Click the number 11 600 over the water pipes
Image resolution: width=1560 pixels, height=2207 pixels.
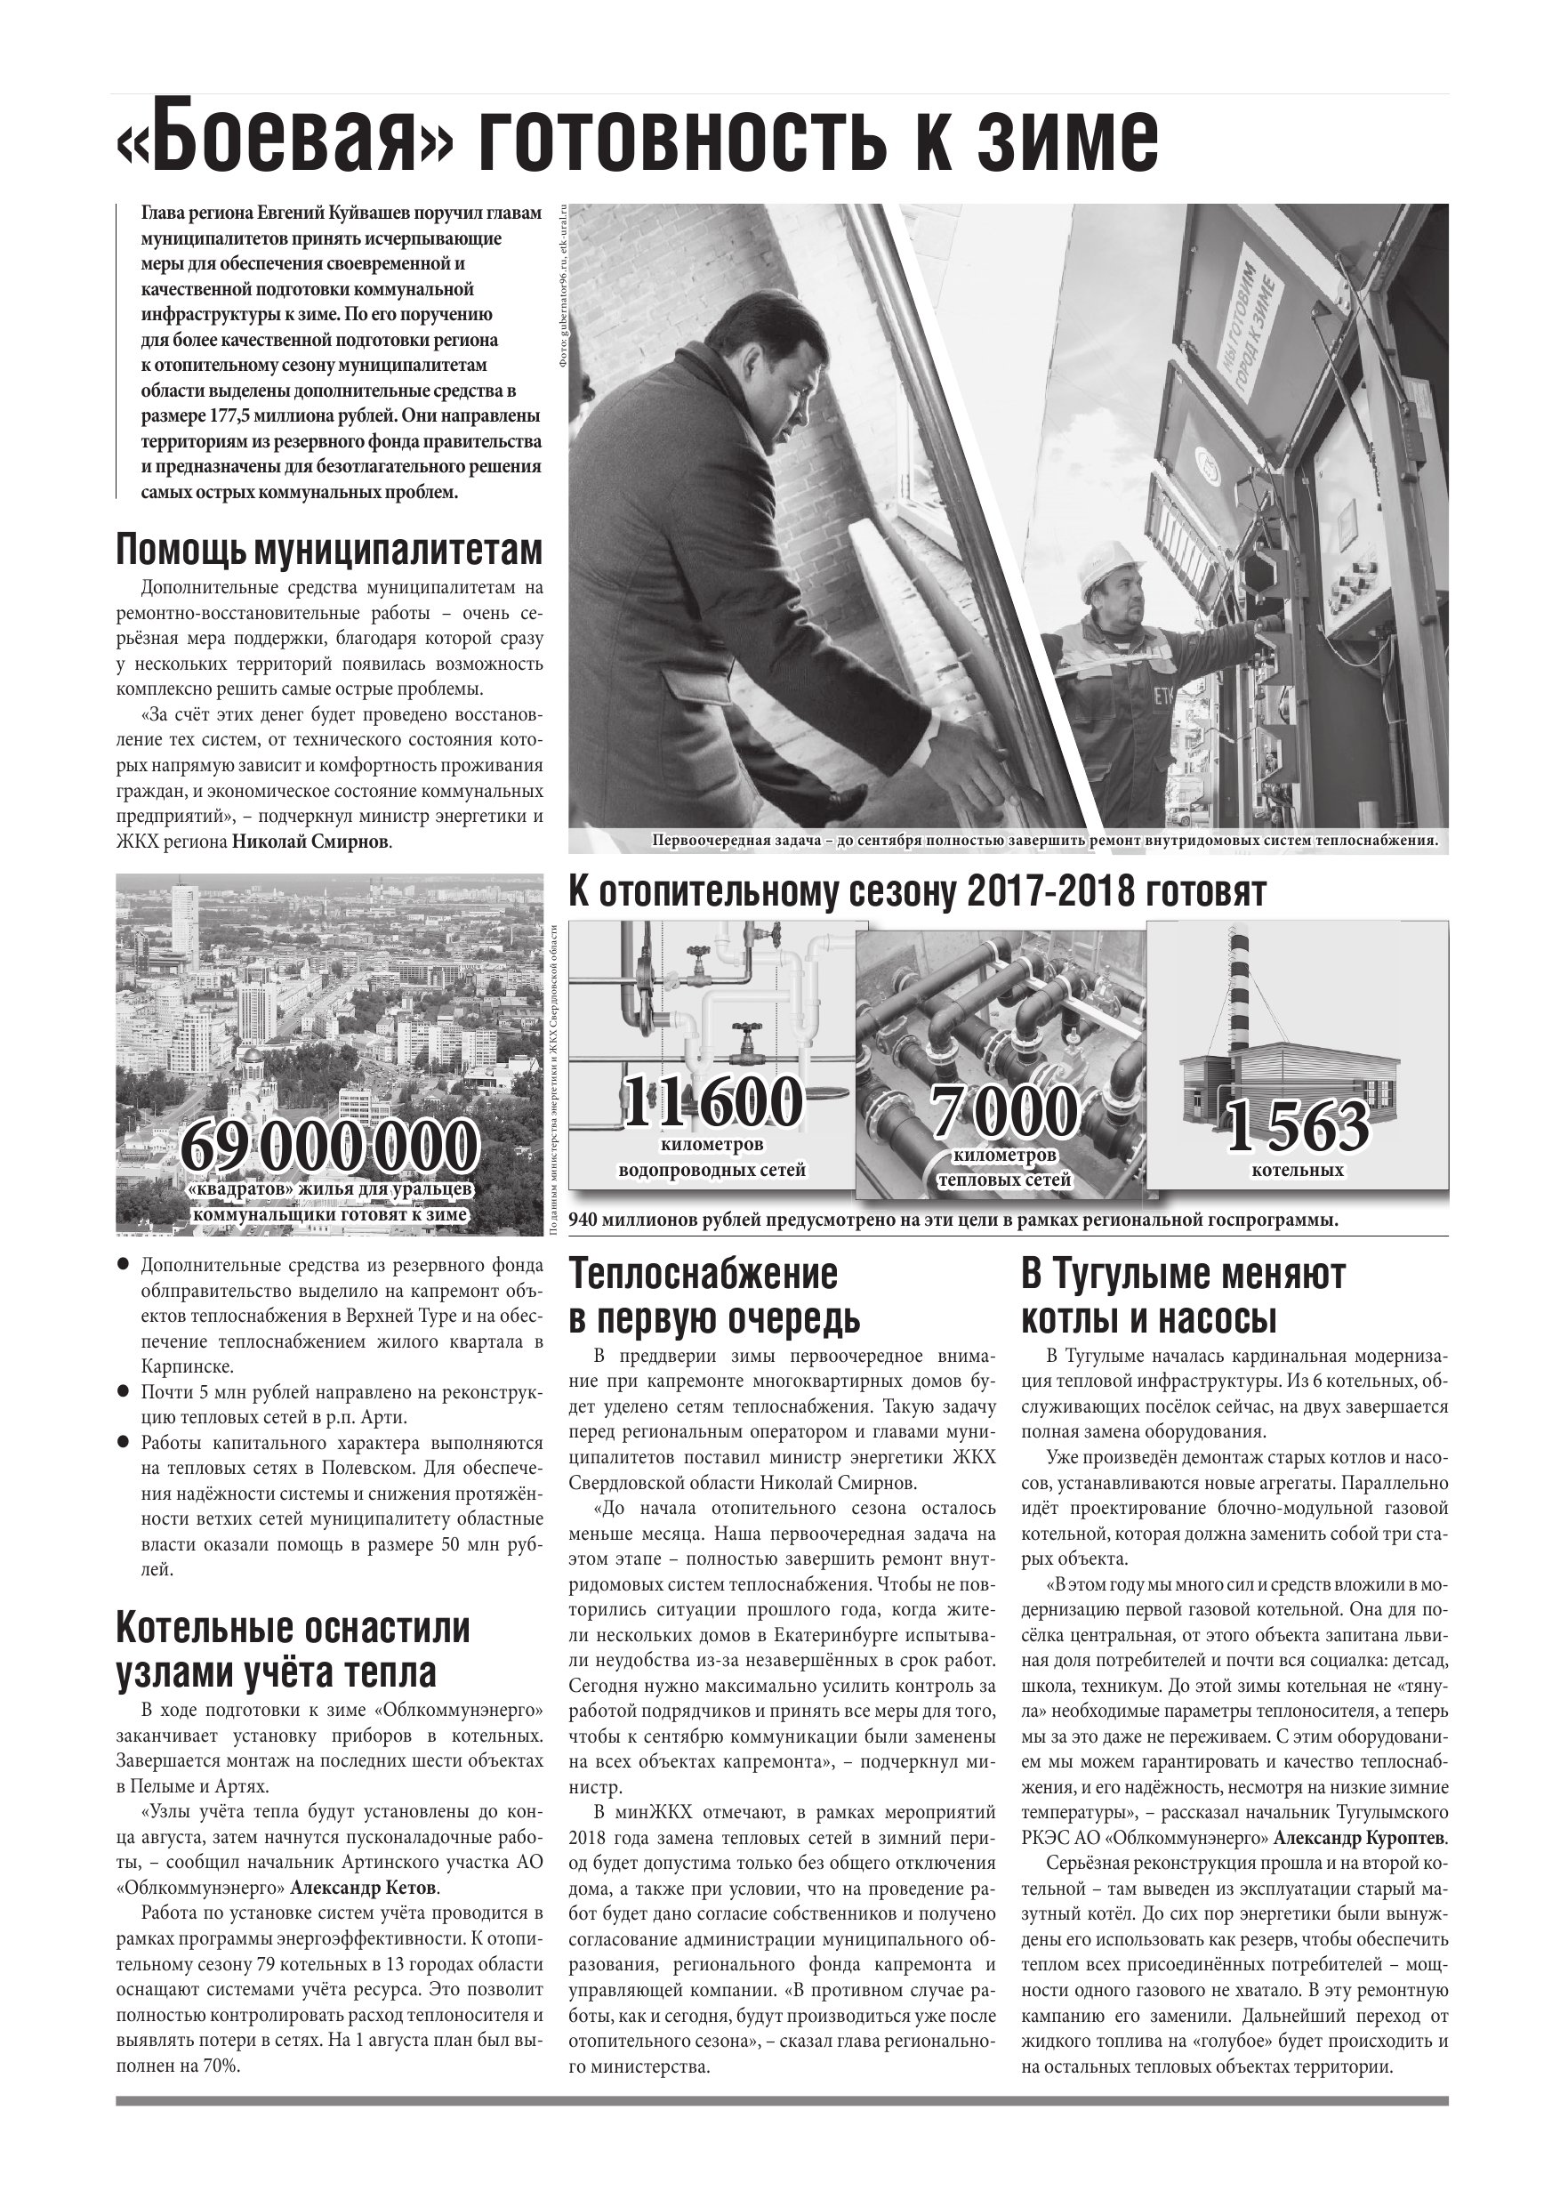click(x=712, y=1102)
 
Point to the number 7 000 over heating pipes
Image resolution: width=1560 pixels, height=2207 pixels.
click(x=1003, y=1113)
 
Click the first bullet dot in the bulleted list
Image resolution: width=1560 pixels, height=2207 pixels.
click(x=123, y=1263)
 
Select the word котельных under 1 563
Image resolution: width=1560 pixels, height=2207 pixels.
click(x=1297, y=1171)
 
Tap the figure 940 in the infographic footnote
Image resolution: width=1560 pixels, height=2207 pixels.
click(x=588, y=1220)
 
